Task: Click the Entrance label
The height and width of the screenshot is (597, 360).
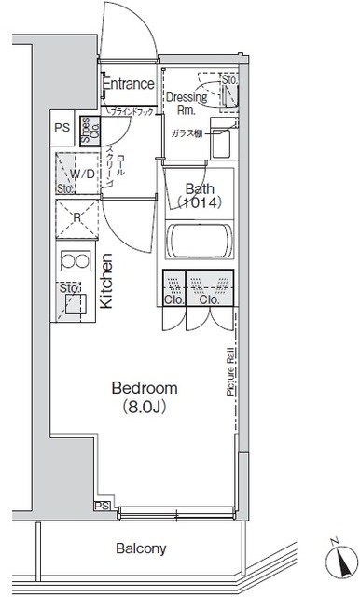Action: (x=128, y=84)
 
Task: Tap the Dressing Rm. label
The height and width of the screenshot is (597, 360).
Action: (x=187, y=102)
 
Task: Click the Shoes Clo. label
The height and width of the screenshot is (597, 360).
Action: (x=85, y=128)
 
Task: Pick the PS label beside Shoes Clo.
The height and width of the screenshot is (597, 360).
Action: (x=62, y=128)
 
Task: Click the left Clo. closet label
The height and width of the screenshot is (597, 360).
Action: (x=173, y=300)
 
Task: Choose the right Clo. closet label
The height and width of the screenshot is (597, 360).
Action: (x=209, y=300)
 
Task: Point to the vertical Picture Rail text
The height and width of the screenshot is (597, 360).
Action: (x=228, y=373)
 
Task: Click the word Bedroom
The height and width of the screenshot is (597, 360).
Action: (x=144, y=387)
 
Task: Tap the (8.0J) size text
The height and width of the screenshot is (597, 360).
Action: (x=144, y=407)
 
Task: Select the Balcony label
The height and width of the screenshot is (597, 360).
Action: (x=140, y=548)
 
